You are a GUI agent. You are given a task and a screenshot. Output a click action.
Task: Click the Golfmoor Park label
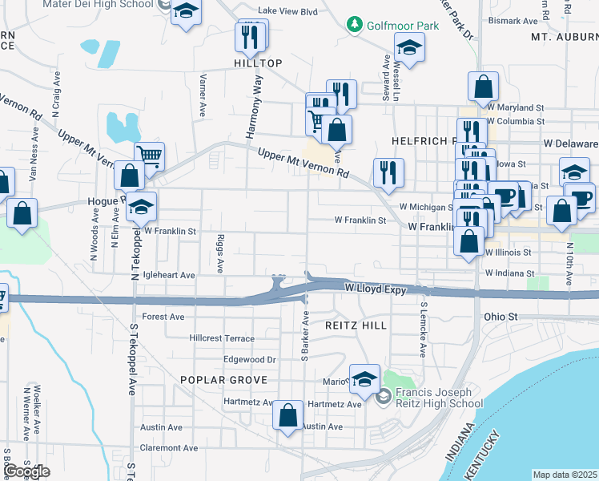click(403, 26)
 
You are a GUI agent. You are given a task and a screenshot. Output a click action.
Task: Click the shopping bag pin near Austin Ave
click(287, 415)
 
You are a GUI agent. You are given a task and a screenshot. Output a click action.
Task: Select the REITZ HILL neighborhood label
click(356, 325)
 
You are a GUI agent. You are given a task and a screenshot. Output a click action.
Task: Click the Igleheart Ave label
click(168, 275)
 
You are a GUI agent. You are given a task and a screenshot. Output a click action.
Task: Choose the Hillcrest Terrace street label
click(222, 339)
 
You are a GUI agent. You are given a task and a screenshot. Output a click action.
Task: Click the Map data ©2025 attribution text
click(565, 475)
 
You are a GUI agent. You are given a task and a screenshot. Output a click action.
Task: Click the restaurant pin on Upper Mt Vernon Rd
click(388, 172)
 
